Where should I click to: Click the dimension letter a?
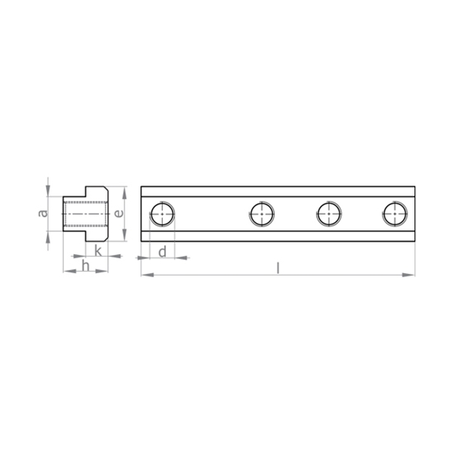pyautogui.click(x=44, y=213)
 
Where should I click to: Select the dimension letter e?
pyautogui.click(x=119, y=214)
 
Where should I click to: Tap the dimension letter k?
pyautogui.click(x=98, y=251)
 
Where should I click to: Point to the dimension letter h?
pyautogui.click(x=85, y=266)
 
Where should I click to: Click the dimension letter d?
pyautogui.click(x=163, y=252)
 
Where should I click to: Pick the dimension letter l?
pyautogui.click(x=278, y=268)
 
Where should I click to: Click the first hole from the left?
pyautogui.click(x=163, y=214)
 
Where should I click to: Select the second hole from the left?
pyautogui.click(x=262, y=214)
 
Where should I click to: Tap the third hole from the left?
pyautogui.click(x=329, y=214)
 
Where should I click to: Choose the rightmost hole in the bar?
pyautogui.click(x=395, y=214)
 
